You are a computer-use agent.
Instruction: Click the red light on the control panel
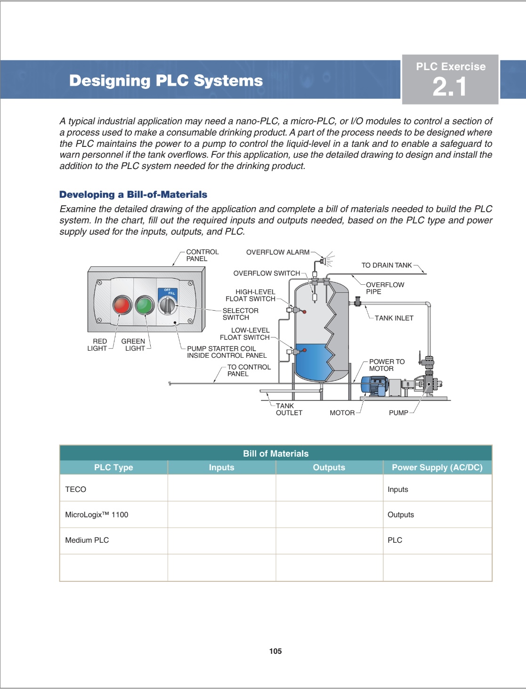tap(122, 305)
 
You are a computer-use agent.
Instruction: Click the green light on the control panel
tap(145, 305)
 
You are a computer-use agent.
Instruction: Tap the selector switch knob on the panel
tap(167, 305)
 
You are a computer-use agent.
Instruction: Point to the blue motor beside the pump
tap(374, 386)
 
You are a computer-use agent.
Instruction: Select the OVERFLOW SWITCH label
tap(267, 273)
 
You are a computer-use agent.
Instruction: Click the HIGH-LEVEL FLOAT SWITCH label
tap(251, 295)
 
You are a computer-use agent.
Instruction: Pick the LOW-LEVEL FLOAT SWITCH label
tap(245, 334)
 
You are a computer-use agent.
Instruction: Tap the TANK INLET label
tap(394, 318)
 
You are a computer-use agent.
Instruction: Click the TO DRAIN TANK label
tap(386, 265)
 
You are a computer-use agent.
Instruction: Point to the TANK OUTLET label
tap(289, 409)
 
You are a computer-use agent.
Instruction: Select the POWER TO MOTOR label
tap(387, 365)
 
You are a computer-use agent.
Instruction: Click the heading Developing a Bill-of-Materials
tap(133, 194)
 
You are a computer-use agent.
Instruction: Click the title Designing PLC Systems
tap(166, 80)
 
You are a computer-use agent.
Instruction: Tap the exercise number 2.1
tap(450, 87)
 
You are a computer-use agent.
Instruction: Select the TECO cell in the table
tap(76, 489)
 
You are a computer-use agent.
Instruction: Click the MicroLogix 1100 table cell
tap(97, 514)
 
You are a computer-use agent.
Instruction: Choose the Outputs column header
tap(329, 467)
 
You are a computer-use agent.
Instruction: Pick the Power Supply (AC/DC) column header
tap(437, 467)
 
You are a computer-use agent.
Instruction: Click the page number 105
tap(275, 651)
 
